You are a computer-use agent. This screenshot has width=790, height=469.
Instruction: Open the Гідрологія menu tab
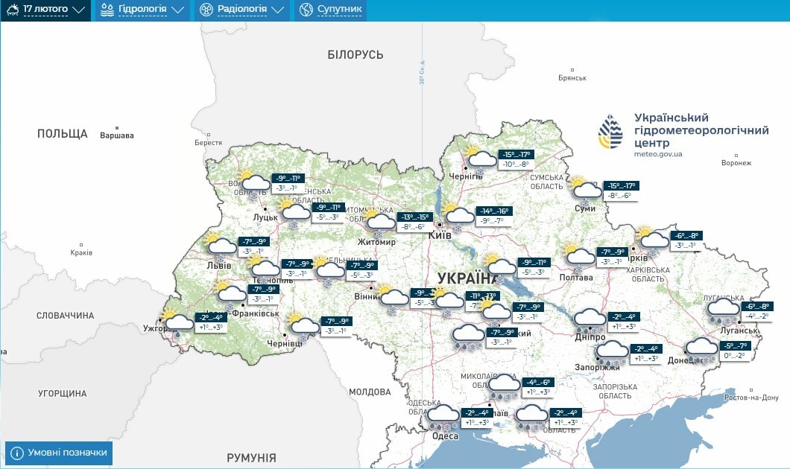pyautogui.click(x=142, y=10)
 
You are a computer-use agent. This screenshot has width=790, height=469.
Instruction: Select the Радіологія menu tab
pyautogui.click(x=241, y=10)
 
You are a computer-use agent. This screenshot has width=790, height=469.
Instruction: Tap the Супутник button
pyautogui.click(x=330, y=10)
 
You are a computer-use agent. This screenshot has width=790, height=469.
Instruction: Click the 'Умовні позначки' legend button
pyautogui.click(x=59, y=452)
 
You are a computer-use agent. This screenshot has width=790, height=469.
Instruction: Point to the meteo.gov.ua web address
pyautogui.click(x=659, y=155)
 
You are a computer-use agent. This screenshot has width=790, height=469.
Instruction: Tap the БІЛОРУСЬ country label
pyautogui.click(x=355, y=55)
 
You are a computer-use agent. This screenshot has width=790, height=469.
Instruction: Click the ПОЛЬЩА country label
pyautogui.click(x=63, y=134)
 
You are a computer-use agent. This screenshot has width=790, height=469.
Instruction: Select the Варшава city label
pyautogui.click(x=117, y=135)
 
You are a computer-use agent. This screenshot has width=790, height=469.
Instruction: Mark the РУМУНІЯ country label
pyautogui.click(x=251, y=458)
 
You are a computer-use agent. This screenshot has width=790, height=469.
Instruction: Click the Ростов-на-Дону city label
pyautogui.click(x=752, y=398)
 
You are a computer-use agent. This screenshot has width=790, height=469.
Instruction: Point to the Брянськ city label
pyautogui.click(x=572, y=77)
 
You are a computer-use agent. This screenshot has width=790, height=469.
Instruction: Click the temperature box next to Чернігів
pyautogui.click(x=515, y=159)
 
